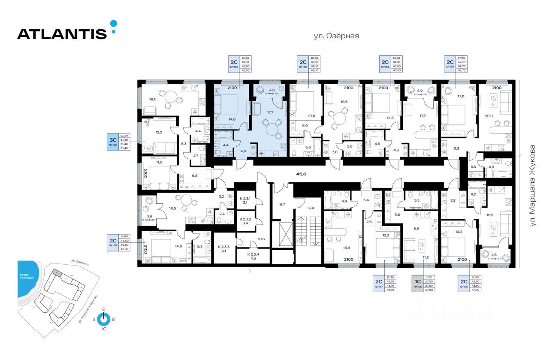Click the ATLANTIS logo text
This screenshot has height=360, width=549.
[x=62, y=33]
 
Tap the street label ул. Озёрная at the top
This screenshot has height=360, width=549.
[x=336, y=36]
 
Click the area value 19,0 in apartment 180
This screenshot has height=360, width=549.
[x=152, y=99]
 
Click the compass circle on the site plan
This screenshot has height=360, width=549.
[x=103, y=320]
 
